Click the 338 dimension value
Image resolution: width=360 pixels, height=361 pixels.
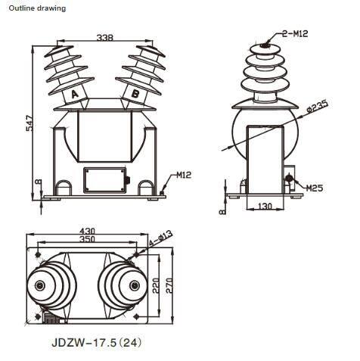click(x=105, y=38)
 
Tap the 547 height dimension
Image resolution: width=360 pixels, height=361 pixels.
click(x=29, y=123)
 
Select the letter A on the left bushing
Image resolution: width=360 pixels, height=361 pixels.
click(x=75, y=95)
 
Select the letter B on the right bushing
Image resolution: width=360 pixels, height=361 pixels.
click(x=135, y=94)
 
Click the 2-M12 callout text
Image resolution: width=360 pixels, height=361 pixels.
click(x=295, y=33)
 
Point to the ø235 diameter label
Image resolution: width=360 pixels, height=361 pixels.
click(x=318, y=106)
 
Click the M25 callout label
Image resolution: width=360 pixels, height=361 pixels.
click(x=315, y=188)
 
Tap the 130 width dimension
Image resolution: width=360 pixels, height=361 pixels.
click(x=265, y=207)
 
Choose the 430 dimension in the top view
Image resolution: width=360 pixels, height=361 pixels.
click(x=87, y=231)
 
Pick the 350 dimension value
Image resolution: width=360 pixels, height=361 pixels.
click(x=87, y=239)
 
